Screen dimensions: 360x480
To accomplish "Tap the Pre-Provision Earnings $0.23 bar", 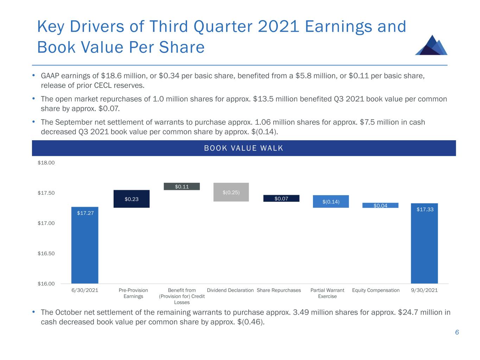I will (x=132, y=199).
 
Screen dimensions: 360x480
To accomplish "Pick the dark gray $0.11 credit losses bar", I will (x=182, y=187).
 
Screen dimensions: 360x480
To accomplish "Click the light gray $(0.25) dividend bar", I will (x=231, y=192).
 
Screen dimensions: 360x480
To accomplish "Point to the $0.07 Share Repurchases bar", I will (x=281, y=199).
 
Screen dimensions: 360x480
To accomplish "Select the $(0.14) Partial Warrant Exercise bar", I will (x=331, y=201).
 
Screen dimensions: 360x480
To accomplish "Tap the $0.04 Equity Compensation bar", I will (x=380, y=205).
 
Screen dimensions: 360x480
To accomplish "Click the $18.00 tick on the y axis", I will (x=46, y=163).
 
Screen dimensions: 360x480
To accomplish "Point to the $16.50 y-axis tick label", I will (x=46, y=253).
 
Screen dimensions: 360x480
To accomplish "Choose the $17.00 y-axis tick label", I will (x=46, y=223).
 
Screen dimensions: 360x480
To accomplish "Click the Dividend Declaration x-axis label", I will (x=230, y=290).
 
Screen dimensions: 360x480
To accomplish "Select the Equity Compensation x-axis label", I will (x=376, y=290).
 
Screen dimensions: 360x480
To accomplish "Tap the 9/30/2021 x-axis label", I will (x=424, y=290).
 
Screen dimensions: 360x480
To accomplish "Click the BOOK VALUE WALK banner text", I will (x=244, y=148).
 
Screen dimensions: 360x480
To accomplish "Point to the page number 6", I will (x=457, y=333).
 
